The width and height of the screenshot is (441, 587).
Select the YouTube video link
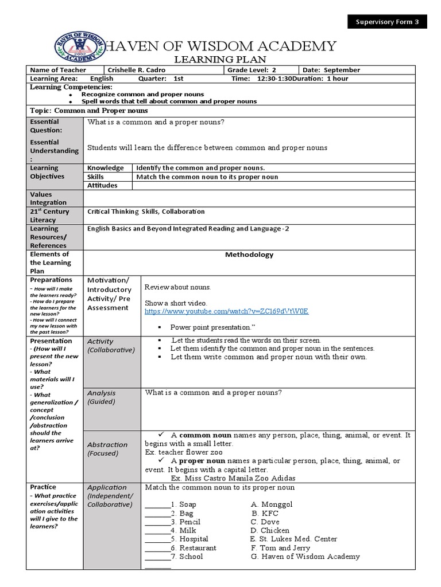(x=226, y=311)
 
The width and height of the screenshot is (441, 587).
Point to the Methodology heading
(x=250, y=255)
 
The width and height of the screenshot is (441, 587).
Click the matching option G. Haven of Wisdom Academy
(x=305, y=556)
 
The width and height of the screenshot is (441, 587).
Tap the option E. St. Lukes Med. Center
(x=293, y=539)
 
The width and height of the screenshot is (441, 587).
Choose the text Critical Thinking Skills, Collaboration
(x=146, y=212)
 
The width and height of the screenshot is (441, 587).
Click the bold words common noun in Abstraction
(x=202, y=435)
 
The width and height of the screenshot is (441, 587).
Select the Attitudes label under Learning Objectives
(x=102, y=185)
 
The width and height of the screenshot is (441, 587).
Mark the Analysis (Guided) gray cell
(x=111, y=409)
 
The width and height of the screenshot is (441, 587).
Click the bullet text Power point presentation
(x=212, y=327)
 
